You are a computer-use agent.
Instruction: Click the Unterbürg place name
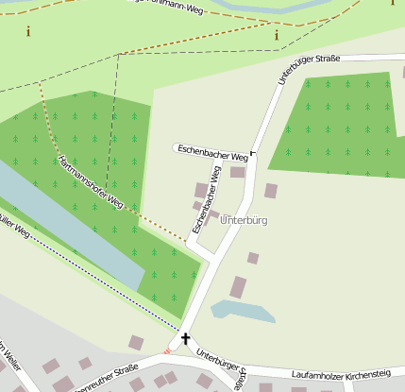(244, 220)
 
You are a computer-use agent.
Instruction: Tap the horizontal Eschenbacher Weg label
(213, 152)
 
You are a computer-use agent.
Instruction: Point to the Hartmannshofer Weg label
(92, 182)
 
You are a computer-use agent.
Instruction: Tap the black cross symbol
(185, 338)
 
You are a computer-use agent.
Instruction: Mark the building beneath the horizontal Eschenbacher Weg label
(237, 172)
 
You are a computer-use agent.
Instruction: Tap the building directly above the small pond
(239, 287)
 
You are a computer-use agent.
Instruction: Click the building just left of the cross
(136, 342)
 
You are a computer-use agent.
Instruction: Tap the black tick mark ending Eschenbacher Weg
(253, 152)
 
